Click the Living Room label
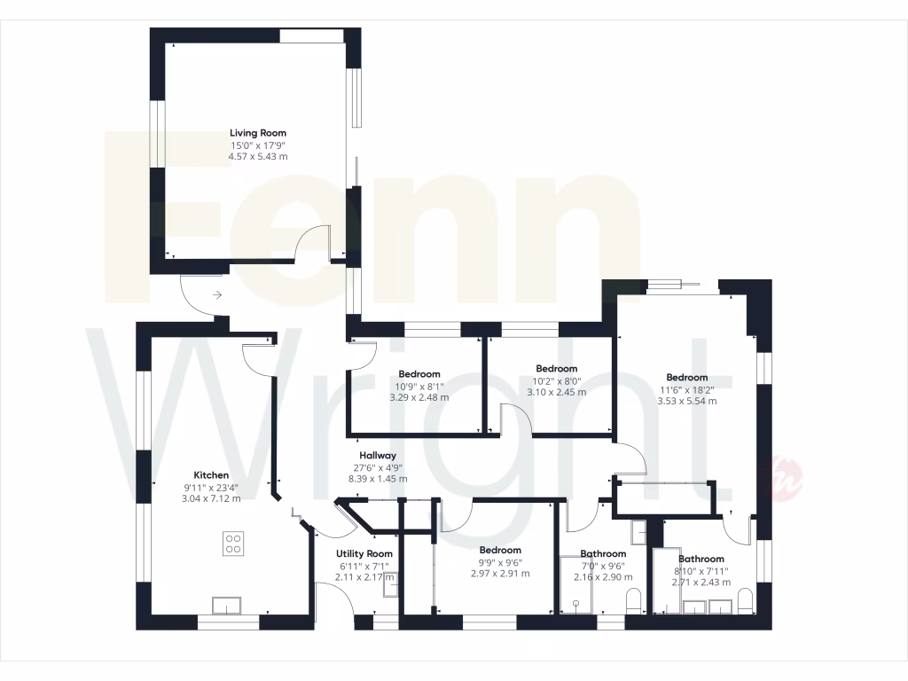257,133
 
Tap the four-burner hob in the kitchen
233,543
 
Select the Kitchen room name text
212,475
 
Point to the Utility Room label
364,553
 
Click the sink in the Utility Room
390,584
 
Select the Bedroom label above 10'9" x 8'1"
419,374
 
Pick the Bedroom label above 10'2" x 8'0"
556,369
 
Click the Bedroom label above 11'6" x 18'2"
686,378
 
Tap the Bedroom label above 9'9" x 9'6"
500,551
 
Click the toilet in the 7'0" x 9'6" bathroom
633,600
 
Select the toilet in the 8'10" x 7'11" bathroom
747,600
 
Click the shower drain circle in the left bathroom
576,604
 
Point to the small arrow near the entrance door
217,294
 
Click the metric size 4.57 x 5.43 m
257,156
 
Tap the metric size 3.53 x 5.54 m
686,401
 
